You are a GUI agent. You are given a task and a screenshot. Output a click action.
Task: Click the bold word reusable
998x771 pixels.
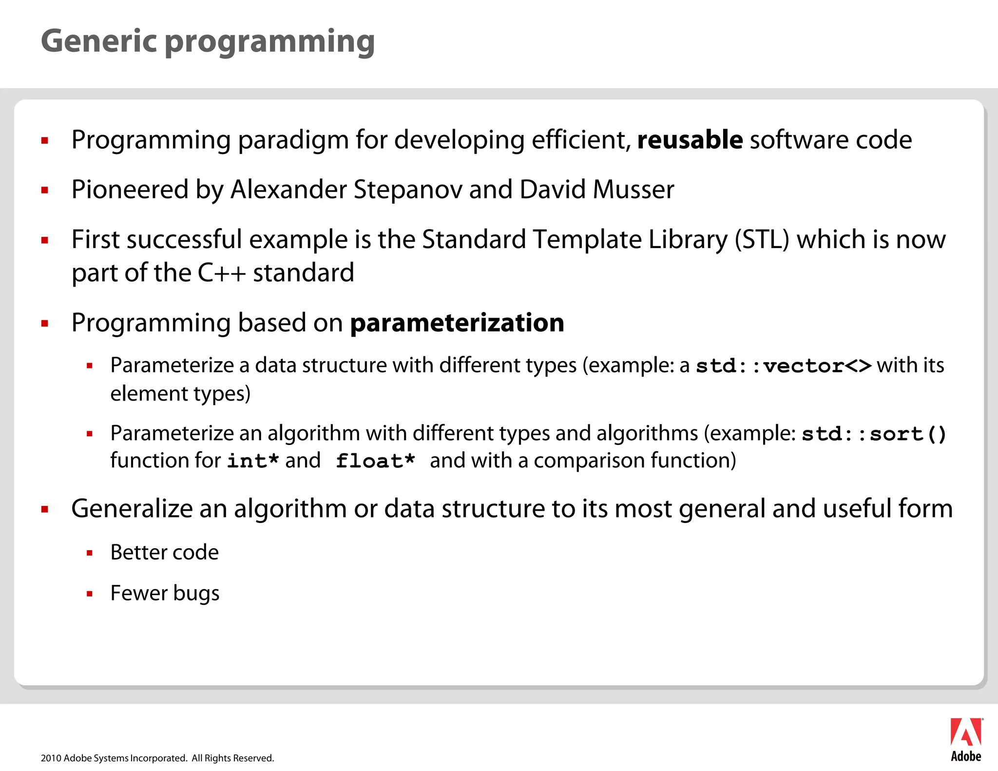690,140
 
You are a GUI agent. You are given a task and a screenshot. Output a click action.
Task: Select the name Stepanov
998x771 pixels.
407,190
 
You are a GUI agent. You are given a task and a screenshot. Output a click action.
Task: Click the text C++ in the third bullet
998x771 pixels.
221,273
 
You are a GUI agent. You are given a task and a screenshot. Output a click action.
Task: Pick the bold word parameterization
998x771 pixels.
457,323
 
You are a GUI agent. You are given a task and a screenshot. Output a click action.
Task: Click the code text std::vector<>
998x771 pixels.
783,366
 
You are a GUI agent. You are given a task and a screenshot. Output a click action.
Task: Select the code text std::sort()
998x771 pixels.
874,434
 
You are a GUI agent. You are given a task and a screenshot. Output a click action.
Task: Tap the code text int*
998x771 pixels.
253,461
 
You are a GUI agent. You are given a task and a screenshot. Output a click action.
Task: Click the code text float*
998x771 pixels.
375,461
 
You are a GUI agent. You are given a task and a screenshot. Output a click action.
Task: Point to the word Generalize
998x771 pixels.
132,509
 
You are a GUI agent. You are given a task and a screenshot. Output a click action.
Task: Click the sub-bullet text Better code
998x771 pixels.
164,553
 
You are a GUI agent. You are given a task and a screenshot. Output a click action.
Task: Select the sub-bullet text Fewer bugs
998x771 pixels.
164,594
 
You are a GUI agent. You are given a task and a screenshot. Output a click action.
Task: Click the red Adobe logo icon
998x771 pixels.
965,732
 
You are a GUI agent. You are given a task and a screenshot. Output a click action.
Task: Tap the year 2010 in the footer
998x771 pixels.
51,758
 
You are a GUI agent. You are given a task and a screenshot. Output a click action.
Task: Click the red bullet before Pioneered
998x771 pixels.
45,191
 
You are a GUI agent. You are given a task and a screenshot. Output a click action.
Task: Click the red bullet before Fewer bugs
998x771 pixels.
90,594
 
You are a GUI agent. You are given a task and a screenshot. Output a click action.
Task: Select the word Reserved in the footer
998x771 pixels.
255,758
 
